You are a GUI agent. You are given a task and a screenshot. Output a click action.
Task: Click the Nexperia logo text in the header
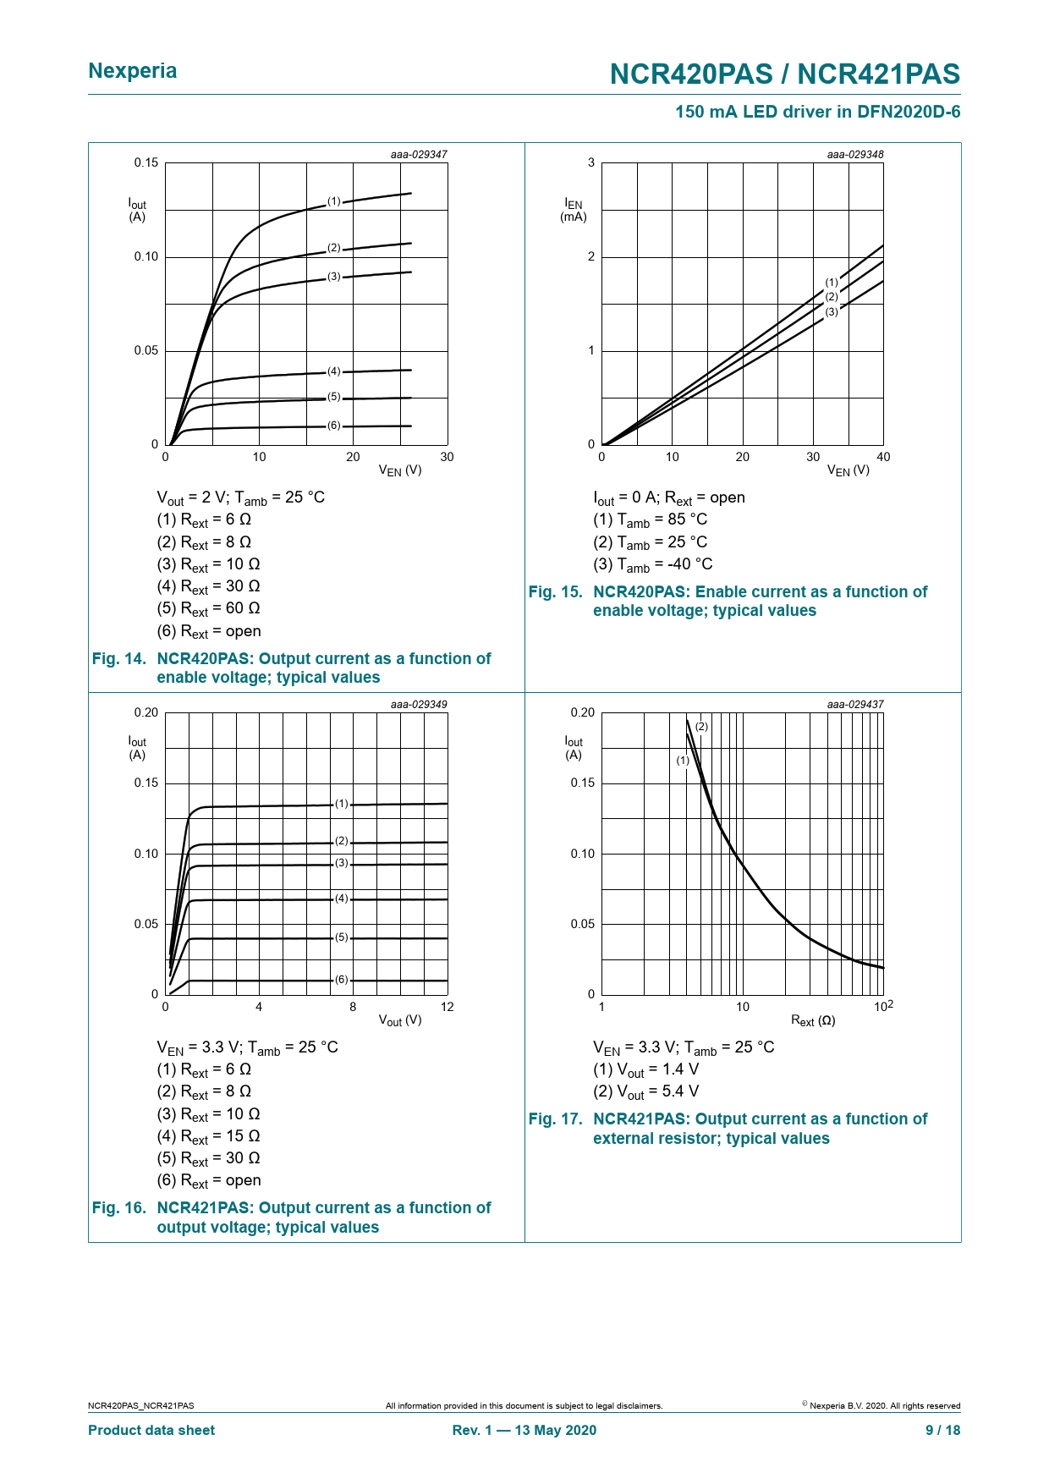click(133, 71)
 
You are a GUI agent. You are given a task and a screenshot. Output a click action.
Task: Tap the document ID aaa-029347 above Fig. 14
click(419, 155)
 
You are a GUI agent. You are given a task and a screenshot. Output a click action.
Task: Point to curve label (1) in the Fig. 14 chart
click(334, 201)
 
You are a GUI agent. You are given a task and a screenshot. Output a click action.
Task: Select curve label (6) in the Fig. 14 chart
click(334, 426)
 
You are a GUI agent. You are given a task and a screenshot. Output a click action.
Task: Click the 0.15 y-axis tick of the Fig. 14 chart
click(146, 163)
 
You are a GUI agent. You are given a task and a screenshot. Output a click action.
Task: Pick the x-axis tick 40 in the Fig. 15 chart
click(883, 458)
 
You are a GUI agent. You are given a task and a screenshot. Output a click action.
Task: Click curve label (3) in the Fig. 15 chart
click(832, 312)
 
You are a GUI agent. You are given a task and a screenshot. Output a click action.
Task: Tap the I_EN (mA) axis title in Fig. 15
click(574, 210)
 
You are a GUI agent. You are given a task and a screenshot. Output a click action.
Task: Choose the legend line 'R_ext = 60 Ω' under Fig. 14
click(208, 609)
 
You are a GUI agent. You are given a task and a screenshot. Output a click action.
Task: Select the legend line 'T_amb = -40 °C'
click(653, 564)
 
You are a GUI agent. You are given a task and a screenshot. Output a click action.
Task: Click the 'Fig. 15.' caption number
click(555, 592)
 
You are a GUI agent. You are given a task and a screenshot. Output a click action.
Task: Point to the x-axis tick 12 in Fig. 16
click(447, 1007)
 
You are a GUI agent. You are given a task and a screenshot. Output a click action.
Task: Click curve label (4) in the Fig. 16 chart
click(341, 899)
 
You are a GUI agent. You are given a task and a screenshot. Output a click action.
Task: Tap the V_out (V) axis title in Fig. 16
click(400, 1020)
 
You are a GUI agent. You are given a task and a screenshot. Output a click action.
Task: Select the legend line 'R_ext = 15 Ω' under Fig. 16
click(208, 1136)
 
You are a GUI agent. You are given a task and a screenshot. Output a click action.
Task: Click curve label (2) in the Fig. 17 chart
click(701, 727)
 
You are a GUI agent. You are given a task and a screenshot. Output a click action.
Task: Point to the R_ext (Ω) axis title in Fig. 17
click(813, 1021)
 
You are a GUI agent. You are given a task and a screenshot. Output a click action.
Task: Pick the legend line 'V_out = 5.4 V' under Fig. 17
click(646, 1092)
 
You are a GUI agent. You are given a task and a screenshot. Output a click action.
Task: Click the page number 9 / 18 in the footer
click(942, 1430)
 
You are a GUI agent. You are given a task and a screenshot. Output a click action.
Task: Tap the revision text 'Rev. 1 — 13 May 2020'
click(524, 1430)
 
